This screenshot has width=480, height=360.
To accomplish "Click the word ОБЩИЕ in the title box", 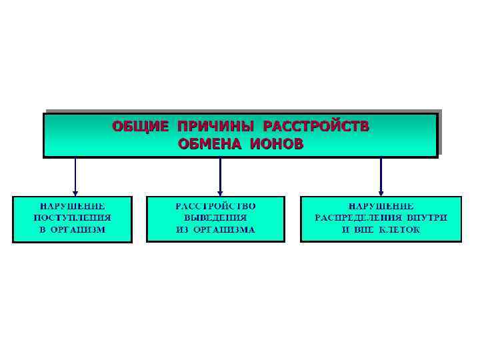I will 137,126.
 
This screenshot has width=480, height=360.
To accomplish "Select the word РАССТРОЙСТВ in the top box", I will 316,126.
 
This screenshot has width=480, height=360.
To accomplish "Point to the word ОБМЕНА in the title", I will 207,143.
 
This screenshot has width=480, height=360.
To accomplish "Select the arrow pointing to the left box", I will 75,177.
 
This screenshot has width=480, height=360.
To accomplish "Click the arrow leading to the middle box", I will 220,177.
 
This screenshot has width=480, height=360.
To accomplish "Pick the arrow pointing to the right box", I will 381,177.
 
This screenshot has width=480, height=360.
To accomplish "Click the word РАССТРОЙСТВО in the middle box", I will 220,206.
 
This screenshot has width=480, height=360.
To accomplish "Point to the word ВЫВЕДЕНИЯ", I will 220,217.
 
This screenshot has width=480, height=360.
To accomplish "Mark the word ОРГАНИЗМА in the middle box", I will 228,229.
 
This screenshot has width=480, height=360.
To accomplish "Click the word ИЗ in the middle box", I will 183,229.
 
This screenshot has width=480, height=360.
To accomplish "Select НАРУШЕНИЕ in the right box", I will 381,206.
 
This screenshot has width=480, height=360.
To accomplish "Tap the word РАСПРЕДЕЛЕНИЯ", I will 359,217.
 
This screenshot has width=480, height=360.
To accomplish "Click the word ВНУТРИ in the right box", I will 426,217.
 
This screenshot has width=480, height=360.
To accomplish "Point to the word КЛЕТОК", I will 399,229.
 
